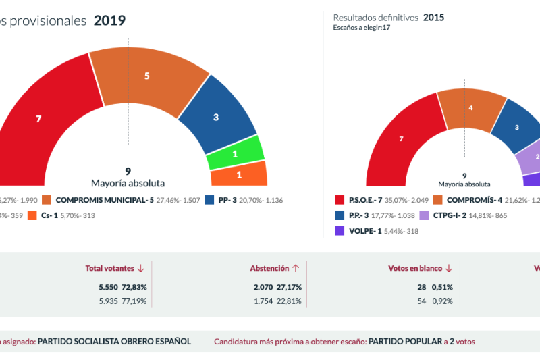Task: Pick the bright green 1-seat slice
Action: click(234, 154)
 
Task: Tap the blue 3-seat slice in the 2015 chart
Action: click(516, 127)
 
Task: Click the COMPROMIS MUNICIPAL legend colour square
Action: click(47, 200)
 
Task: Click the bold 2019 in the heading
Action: click(109, 20)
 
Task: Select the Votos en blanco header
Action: click(420, 268)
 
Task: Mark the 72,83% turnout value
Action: click(134, 287)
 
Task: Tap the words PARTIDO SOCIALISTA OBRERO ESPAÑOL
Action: click(114, 342)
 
